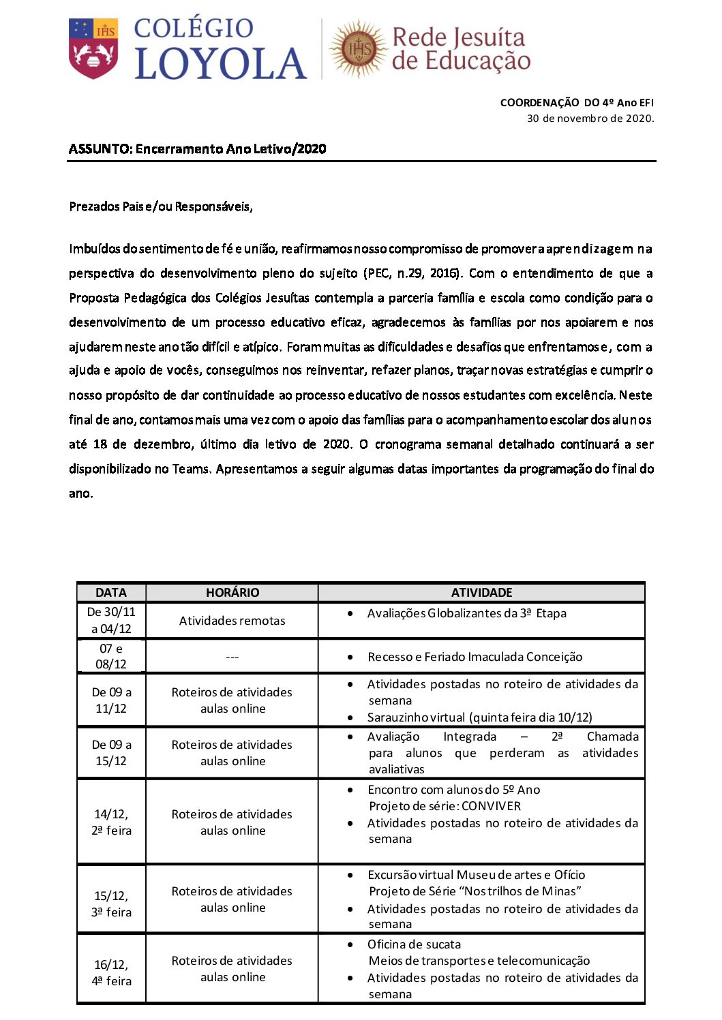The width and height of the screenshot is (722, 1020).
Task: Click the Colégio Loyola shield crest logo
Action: pos(93,48)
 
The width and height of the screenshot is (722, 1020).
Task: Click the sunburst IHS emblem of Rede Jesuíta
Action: pos(359,49)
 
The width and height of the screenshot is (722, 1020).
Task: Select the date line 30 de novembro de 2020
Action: pos(590,119)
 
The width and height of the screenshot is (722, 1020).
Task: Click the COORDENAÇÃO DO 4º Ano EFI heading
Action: pos(576,103)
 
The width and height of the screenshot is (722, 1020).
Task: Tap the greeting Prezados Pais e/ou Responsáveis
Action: pos(161,206)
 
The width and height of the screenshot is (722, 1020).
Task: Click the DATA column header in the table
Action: pos(111,593)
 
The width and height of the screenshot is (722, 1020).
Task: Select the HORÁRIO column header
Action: pos(232,593)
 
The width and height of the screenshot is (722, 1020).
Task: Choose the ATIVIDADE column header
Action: pos(481,593)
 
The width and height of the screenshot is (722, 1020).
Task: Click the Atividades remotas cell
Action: pos(232,621)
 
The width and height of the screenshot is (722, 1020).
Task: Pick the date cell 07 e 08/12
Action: pos(111,656)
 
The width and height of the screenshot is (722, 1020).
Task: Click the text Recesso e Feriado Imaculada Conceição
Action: pos(475,657)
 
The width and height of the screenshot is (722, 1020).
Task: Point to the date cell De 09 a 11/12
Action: pos(111,700)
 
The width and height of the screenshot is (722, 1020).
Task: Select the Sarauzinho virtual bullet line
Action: pos(479,717)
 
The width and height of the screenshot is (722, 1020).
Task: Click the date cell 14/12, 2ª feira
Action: pos(112,822)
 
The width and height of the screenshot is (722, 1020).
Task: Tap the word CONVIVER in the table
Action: pos(491,806)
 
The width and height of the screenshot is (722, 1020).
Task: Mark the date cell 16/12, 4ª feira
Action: pos(112,973)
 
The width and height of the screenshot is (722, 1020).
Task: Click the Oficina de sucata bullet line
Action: pos(414,944)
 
